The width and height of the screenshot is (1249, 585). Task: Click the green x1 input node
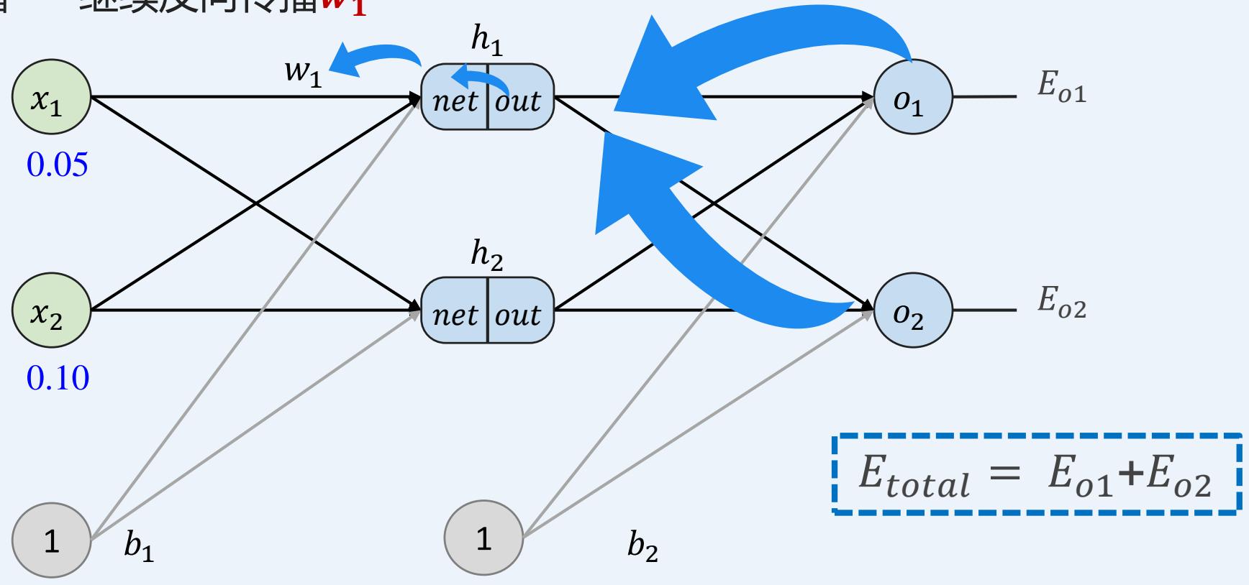(51, 97)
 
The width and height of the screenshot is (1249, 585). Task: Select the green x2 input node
(51, 311)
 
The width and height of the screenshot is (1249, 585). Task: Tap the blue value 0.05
(57, 165)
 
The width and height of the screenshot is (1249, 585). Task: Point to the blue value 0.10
(58, 377)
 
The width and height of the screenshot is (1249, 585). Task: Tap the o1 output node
(912, 97)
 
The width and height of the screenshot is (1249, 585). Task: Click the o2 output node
(912, 311)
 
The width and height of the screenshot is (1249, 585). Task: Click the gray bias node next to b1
(51, 538)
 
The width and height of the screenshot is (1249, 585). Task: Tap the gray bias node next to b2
(483, 538)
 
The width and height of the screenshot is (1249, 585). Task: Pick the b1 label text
(139, 547)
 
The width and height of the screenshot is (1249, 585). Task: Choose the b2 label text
(642, 547)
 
